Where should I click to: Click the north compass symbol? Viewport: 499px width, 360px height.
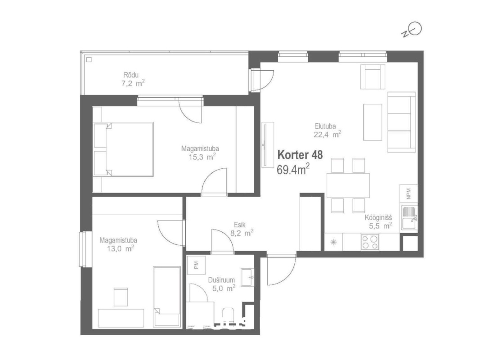(x=412, y=30)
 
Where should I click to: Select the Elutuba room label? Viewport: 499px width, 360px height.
(x=325, y=126)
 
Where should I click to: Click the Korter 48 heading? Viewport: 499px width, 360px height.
(x=300, y=155)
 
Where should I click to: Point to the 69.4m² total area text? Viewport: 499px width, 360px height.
(x=293, y=169)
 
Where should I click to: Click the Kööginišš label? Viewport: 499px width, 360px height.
(x=378, y=218)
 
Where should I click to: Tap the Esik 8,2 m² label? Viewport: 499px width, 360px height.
(x=242, y=229)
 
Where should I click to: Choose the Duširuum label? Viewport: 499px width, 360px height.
(x=221, y=280)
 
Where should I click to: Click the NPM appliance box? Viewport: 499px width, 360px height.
(x=409, y=193)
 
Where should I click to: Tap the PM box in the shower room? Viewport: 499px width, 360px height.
(x=196, y=265)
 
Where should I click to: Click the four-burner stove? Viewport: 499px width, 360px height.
(x=370, y=242)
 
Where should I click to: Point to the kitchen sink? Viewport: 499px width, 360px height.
(x=409, y=217)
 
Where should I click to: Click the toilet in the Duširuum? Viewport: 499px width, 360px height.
(x=228, y=316)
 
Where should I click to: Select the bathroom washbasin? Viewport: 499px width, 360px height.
(x=247, y=277)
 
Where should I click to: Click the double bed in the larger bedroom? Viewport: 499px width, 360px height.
(x=123, y=149)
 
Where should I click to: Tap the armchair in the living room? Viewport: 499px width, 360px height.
(x=373, y=76)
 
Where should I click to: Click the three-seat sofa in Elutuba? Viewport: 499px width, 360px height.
(x=401, y=122)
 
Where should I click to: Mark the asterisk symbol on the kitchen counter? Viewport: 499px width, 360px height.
(x=333, y=242)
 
